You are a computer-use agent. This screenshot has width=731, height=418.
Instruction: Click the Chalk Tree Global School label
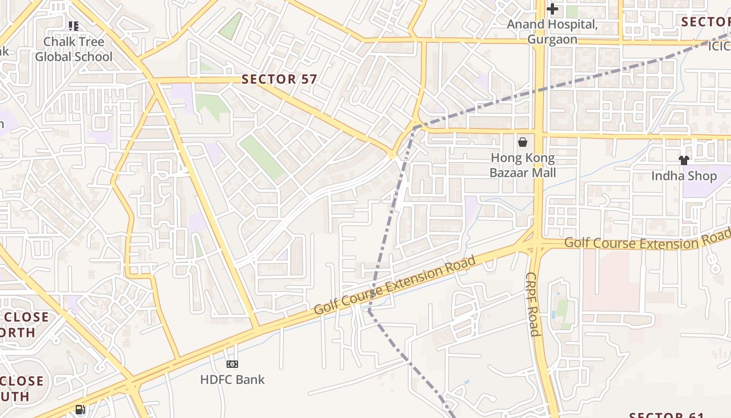point(74,49)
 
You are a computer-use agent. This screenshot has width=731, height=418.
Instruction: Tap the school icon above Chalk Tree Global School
point(74,26)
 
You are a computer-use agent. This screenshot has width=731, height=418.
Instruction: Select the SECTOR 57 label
point(279,79)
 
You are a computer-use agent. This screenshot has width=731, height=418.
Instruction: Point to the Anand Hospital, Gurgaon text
point(552,32)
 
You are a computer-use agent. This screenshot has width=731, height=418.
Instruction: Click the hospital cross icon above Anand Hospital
point(552,9)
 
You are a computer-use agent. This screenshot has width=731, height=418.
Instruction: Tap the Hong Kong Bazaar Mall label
point(523,165)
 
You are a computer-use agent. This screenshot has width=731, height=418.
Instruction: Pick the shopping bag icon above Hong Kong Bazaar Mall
point(523,142)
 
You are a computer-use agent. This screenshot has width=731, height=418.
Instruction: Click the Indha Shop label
point(683,176)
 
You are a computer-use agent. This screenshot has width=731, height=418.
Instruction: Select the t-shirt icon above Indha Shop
point(683,160)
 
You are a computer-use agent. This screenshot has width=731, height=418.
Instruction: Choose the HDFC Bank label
point(232,380)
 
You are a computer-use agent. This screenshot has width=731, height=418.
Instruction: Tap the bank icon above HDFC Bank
point(232,364)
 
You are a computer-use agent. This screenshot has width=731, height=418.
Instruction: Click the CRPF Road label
point(532,305)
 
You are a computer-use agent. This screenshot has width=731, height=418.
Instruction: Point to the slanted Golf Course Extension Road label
point(395,285)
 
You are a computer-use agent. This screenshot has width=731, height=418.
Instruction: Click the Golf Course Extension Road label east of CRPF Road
point(647,241)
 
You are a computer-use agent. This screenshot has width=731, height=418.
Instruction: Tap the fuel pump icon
point(80,410)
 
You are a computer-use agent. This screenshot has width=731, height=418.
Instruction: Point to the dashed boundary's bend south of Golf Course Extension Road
point(369,311)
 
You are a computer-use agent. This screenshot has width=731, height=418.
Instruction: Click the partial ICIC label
point(719,47)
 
